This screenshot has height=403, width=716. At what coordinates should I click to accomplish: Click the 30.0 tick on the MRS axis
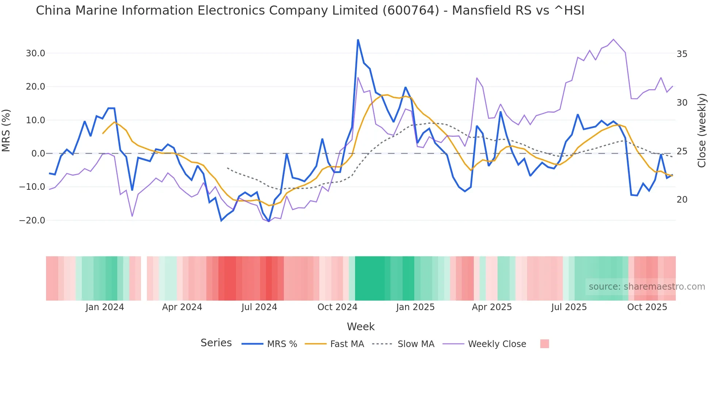tap(35, 53)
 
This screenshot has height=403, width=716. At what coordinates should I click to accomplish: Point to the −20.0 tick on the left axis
tap(32, 221)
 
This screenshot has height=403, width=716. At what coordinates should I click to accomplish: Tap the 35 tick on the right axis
tap(682, 54)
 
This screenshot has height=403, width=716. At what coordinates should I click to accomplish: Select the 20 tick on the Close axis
tap(682, 200)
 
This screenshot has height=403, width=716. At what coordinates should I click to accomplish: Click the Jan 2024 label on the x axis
tap(105, 307)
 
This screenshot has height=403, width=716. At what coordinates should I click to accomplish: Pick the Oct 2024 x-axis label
tap(337, 307)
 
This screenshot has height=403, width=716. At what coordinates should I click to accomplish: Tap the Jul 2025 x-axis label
tap(569, 307)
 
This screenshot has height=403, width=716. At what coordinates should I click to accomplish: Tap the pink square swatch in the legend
tap(544, 344)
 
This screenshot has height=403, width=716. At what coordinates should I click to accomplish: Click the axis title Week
tap(361, 327)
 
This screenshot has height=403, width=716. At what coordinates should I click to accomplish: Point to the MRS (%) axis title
tap(6, 131)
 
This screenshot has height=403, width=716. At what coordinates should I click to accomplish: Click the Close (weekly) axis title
tap(701, 131)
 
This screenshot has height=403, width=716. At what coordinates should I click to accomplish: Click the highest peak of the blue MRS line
tap(358, 39)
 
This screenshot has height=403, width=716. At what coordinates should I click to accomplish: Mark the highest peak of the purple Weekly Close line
tap(613, 39)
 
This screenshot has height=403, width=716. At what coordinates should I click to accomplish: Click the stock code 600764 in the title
tap(411, 11)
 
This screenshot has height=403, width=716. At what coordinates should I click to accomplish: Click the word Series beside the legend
tap(216, 343)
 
